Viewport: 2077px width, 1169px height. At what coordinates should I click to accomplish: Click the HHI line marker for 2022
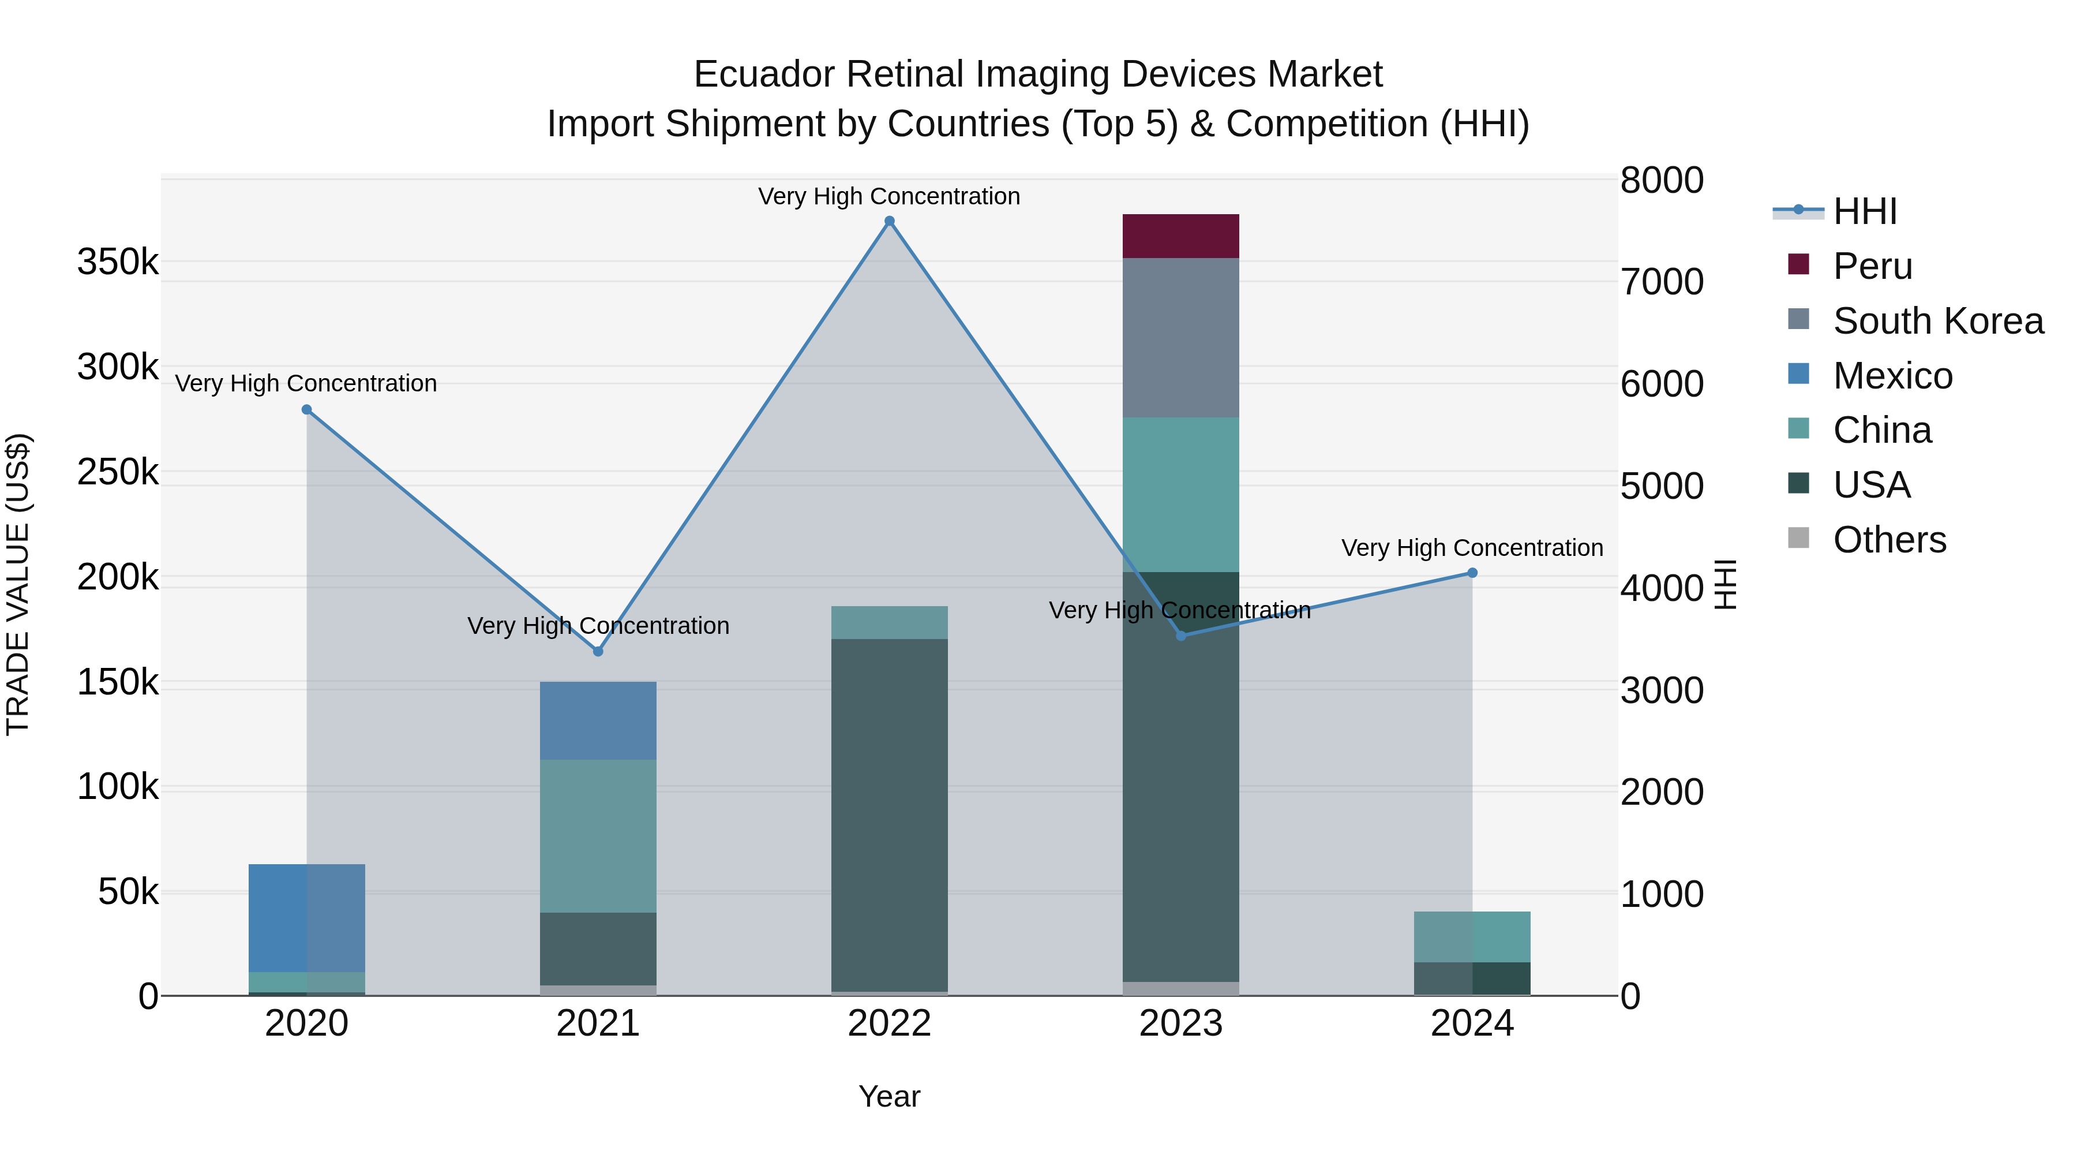(889, 221)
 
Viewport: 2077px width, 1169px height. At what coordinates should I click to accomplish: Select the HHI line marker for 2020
(306, 410)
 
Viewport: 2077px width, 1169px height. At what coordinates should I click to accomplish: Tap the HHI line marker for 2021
(598, 651)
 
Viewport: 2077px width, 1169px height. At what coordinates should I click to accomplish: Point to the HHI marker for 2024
(1472, 573)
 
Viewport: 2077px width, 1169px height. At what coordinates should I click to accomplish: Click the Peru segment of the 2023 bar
(1180, 236)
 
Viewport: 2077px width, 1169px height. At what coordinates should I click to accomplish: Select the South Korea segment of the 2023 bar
(1180, 337)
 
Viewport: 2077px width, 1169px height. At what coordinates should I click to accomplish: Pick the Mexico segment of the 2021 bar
(598, 720)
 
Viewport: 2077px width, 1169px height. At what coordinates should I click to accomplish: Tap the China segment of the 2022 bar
(889, 622)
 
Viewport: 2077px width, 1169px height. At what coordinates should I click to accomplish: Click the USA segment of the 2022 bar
(889, 815)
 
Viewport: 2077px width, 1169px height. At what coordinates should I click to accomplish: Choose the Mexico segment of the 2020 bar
(306, 918)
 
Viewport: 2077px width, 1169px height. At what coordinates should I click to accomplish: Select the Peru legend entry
(1872, 266)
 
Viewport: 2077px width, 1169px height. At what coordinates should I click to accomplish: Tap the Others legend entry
(1889, 540)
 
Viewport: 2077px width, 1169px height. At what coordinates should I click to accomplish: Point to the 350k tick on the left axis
(118, 262)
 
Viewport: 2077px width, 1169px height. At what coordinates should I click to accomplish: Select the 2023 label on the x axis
(1180, 1024)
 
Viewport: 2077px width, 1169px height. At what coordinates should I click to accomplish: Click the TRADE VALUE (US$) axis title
(18, 584)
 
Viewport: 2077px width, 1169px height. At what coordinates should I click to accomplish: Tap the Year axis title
(889, 1096)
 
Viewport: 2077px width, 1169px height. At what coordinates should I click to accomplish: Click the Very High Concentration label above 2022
(889, 196)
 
